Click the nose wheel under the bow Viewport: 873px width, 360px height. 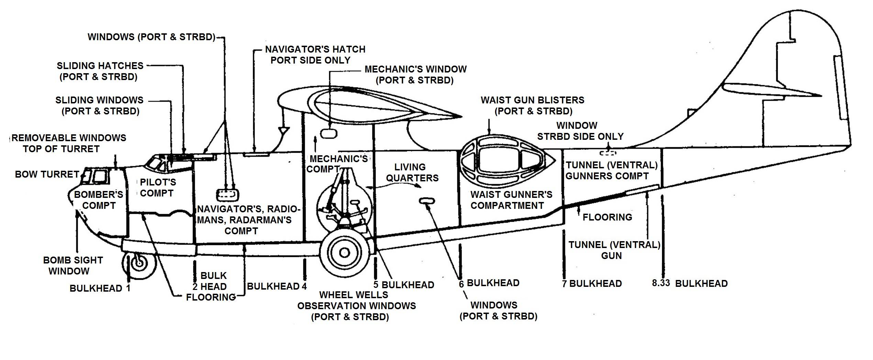139,263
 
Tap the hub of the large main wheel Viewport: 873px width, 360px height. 344,253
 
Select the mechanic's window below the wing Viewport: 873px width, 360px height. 329,133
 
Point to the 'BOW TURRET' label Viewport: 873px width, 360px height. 47,175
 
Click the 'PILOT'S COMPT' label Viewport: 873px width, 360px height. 158,188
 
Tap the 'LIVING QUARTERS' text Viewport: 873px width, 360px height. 412,172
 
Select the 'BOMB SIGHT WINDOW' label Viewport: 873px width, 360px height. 73,266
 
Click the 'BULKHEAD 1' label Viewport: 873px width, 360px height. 100,288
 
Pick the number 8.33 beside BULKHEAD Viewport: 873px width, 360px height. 661,283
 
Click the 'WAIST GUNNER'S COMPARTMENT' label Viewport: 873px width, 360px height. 511,200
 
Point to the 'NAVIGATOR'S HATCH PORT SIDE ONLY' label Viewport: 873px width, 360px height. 314,55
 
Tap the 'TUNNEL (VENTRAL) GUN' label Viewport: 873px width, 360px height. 614,250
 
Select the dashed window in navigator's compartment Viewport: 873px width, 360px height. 227,195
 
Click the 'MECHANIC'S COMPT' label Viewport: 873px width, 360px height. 338,164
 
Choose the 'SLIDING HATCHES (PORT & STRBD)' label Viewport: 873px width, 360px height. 100,71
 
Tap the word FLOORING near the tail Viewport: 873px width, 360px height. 607,217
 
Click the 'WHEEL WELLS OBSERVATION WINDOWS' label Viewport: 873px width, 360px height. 356,300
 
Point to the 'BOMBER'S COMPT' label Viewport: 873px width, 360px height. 98,200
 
